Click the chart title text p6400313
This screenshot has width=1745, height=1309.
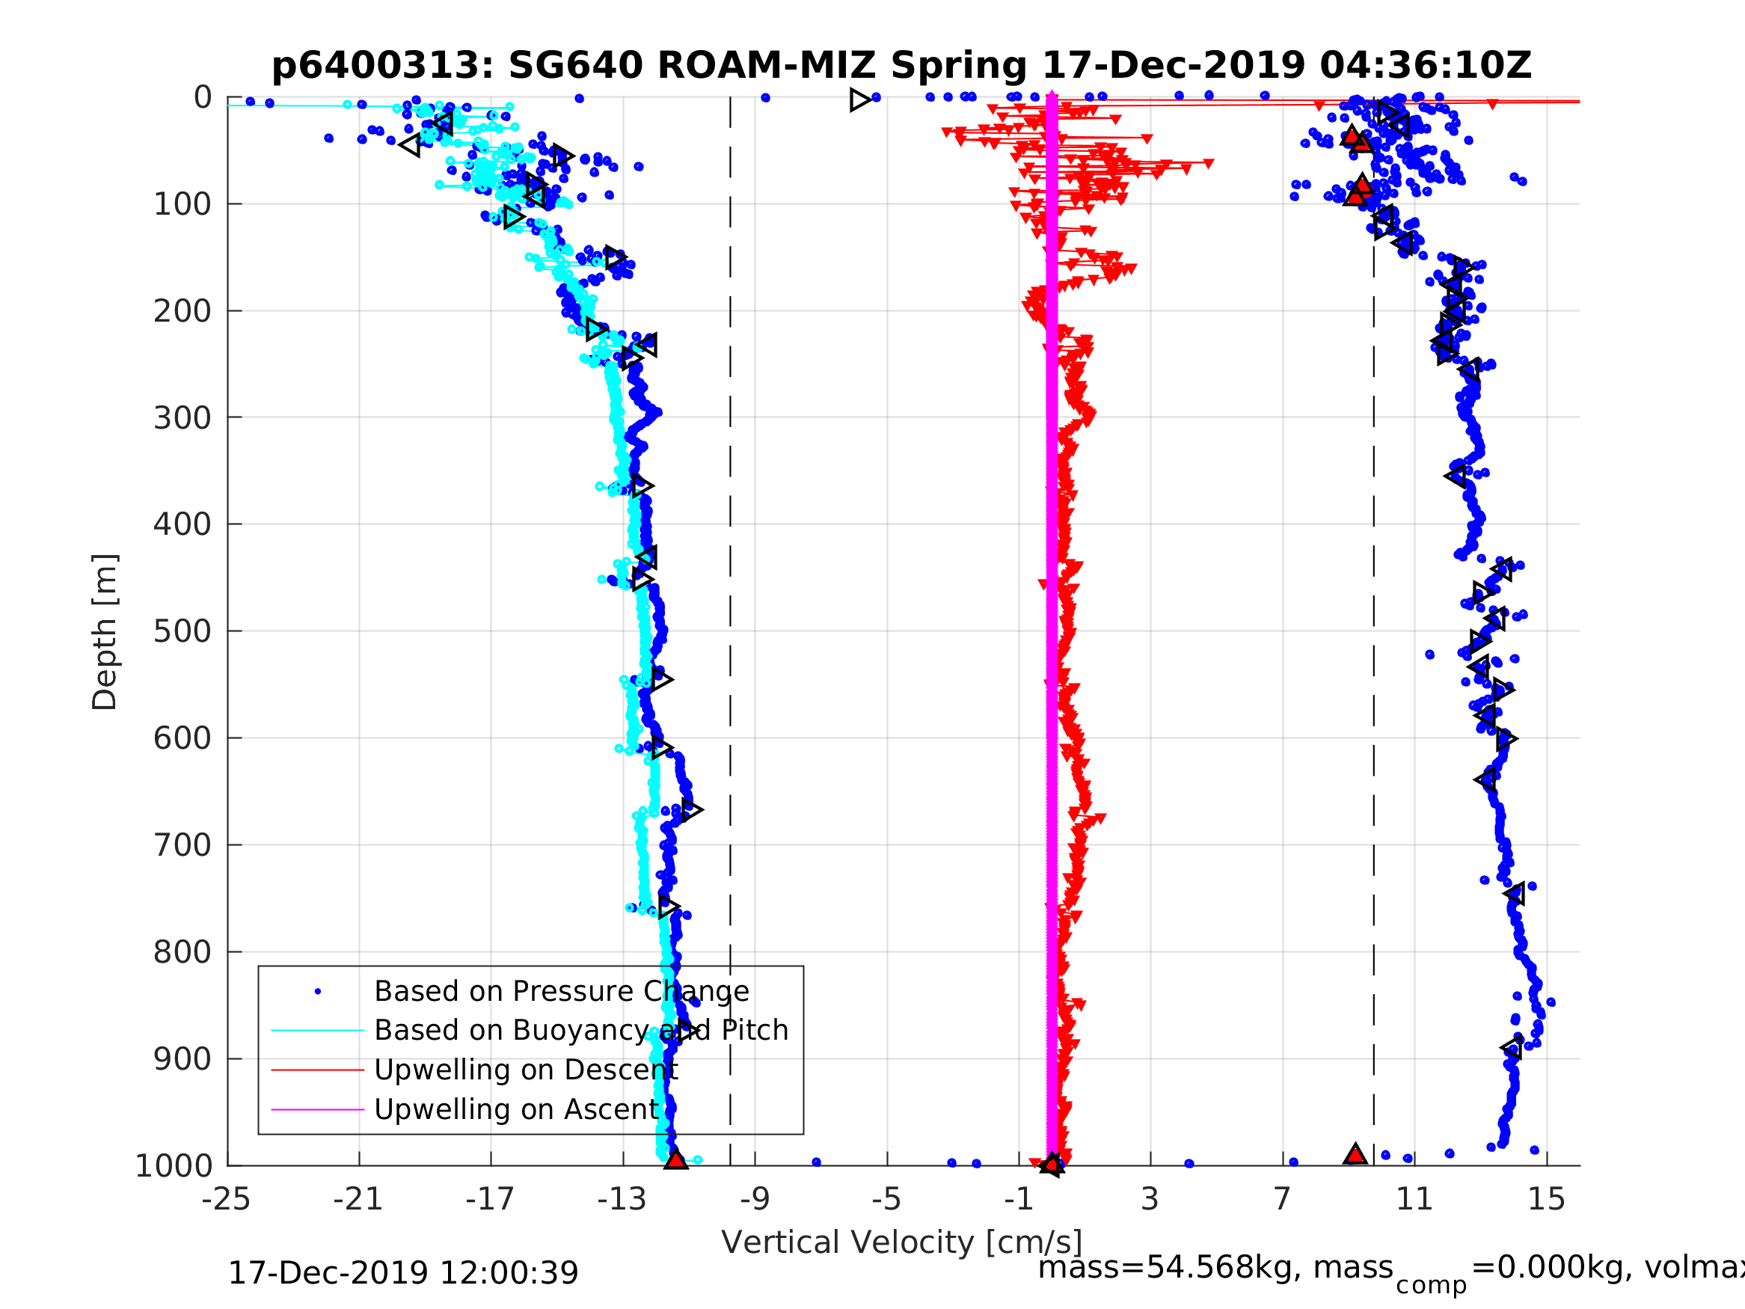[x=381, y=66]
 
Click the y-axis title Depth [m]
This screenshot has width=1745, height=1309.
[x=105, y=631]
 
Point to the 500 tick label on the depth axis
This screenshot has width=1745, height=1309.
[x=183, y=631]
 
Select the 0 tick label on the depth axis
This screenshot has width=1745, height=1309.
[x=203, y=98]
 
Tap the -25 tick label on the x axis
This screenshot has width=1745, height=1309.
[x=227, y=1199]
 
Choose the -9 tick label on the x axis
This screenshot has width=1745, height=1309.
[x=754, y=1199]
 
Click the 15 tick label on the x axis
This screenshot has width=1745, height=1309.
[x=1546, y=1199]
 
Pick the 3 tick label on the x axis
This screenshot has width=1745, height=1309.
[x=1150, y=1199]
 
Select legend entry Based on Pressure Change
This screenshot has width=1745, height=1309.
[x=561, y=991]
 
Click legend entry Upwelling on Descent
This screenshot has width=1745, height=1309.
[x=525, y=1069]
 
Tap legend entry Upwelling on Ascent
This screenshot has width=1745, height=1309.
[x=516, y=1109]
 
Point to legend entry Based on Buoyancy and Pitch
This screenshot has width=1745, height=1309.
[x=580, y=1030]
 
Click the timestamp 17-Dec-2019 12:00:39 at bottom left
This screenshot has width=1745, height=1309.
[x=402, y=1272]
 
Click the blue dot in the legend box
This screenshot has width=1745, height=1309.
[x=318, y=991]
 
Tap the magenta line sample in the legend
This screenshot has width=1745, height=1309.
[x=318, y=1109]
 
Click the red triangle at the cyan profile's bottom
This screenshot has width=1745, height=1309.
[x=675, y=1159]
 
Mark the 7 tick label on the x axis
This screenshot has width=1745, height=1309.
[x=1282, y=1199]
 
